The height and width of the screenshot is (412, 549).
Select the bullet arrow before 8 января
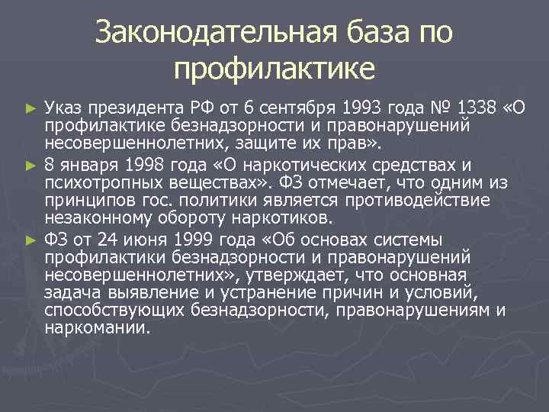(31, 165)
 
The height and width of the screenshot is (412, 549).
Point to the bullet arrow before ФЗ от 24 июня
(31, 239)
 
